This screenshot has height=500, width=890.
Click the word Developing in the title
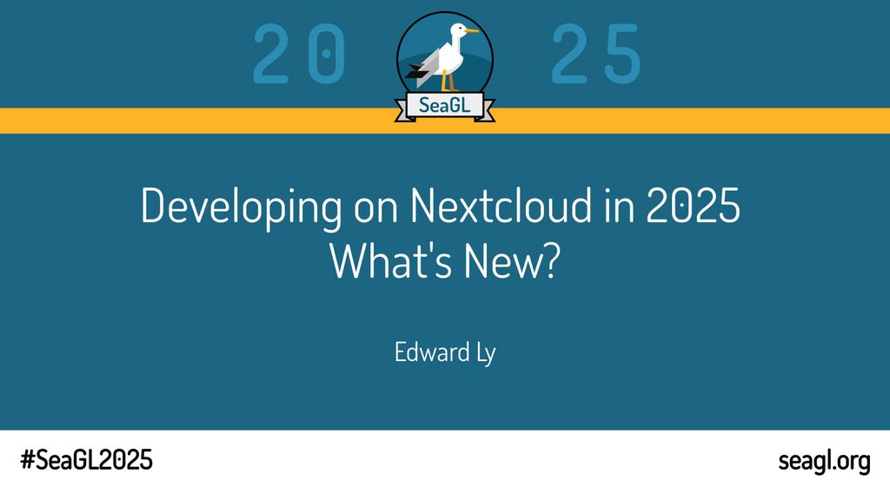(242, 208)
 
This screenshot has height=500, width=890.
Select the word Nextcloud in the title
(501, 205)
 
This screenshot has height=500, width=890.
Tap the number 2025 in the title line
(693, 205)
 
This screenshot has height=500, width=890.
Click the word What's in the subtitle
(390, 260)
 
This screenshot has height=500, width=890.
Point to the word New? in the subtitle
(512, 261)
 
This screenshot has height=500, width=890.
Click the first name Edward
(432, 352)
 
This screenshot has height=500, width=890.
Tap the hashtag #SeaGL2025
(86, 460)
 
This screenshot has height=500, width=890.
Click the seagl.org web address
(824, 461)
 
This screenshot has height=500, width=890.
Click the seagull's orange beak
(472, 30)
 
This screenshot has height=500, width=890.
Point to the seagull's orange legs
(449, 81)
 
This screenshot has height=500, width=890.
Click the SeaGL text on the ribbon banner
(445, 105)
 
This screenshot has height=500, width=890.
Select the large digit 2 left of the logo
(271, 55)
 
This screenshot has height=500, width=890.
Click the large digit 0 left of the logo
(327, 55)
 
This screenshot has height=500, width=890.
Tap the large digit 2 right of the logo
(569, 55)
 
